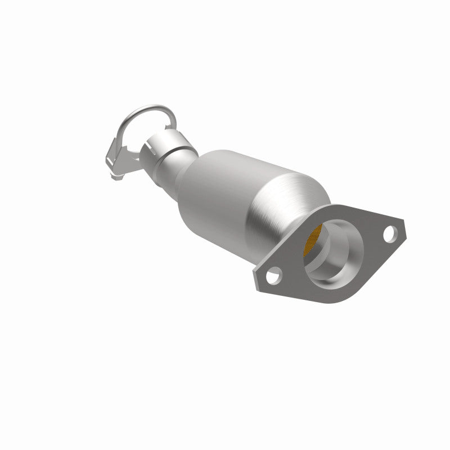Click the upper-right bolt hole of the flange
point(388,231)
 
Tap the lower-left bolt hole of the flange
point(273,276)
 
